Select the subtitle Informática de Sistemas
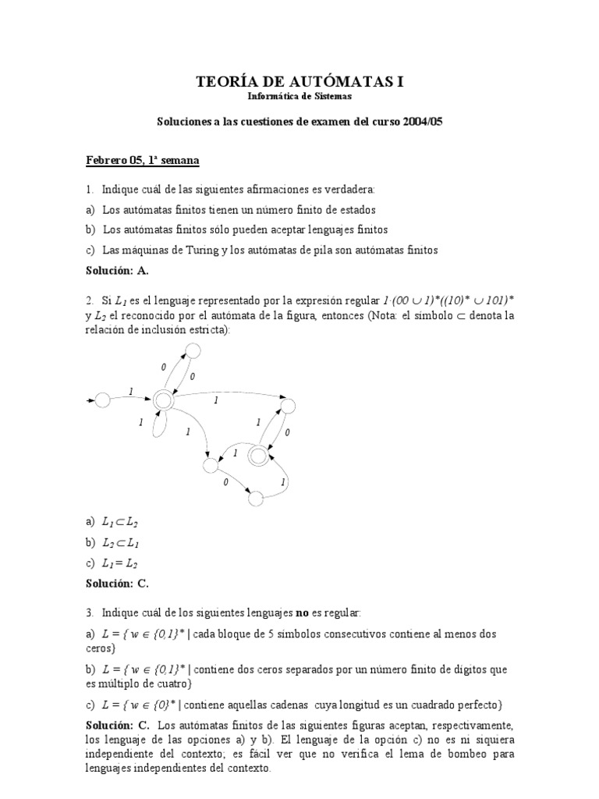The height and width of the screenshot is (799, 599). click(x=299, y=97)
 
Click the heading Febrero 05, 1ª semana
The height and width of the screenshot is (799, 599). click(x=143, y=161)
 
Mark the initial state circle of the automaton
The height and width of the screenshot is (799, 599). click(x=101, y=400)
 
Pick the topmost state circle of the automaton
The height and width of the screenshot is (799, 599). click(x=193, y=351)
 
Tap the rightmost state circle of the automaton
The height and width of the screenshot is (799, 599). click(x=288, y=406)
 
